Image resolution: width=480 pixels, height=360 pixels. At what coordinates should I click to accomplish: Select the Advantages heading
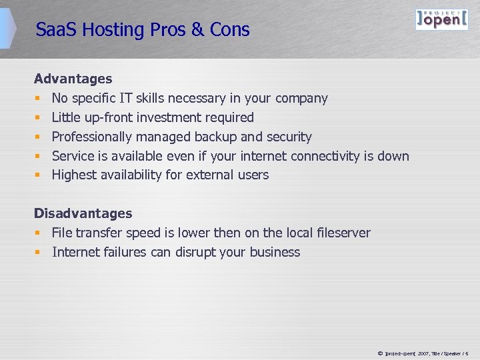pyautogui.click(x=73, y=79)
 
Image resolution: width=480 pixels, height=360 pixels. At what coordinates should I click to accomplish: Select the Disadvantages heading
pyautogui.click(x=83, y=213)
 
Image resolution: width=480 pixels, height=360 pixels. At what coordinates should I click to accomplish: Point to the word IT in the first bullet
pyautogui.click(x=126, y=98)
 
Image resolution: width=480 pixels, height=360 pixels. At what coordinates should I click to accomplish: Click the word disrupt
pyautogui.click(x=199, y=252)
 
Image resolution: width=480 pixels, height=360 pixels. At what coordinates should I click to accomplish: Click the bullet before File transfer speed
pyautogui.click(x=38, y=233)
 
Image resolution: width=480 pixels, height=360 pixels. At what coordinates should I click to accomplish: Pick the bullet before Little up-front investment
pyautogui.click(x=38, y=117)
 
